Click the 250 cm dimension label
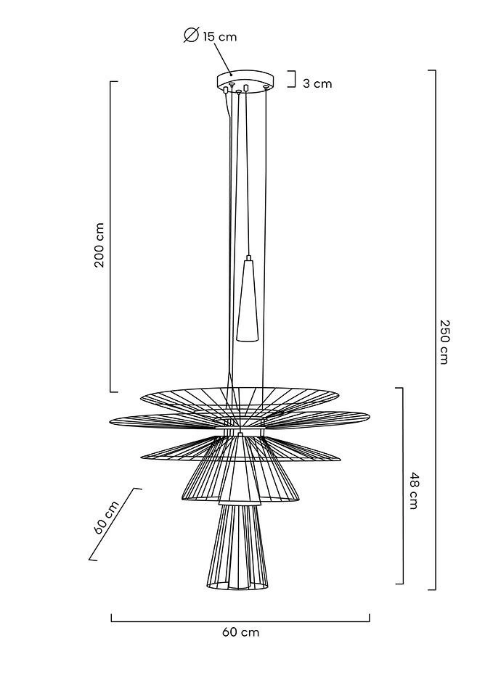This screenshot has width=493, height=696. tap(444, 341)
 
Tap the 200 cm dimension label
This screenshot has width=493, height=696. tap(99, 244)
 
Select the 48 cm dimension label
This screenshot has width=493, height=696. tap(413, 491)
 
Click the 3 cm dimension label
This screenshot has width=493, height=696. tap(317, 83)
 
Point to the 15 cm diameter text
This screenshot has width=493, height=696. tap(220, 36)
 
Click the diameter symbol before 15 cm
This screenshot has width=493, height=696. tap(191, 35)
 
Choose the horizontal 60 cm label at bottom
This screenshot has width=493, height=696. tap(240, 631)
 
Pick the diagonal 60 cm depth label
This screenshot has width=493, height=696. tap(107, 518)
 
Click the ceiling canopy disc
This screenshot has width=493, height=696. tap(245, 81)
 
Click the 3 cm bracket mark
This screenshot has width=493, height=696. tap(292, 79)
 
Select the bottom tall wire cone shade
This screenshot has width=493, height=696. tap(238, 547)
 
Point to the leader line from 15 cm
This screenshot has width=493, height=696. tap(222, 59)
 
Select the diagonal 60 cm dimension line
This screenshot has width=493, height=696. tap(115, 524)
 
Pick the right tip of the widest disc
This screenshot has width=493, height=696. tap(370, 416)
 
